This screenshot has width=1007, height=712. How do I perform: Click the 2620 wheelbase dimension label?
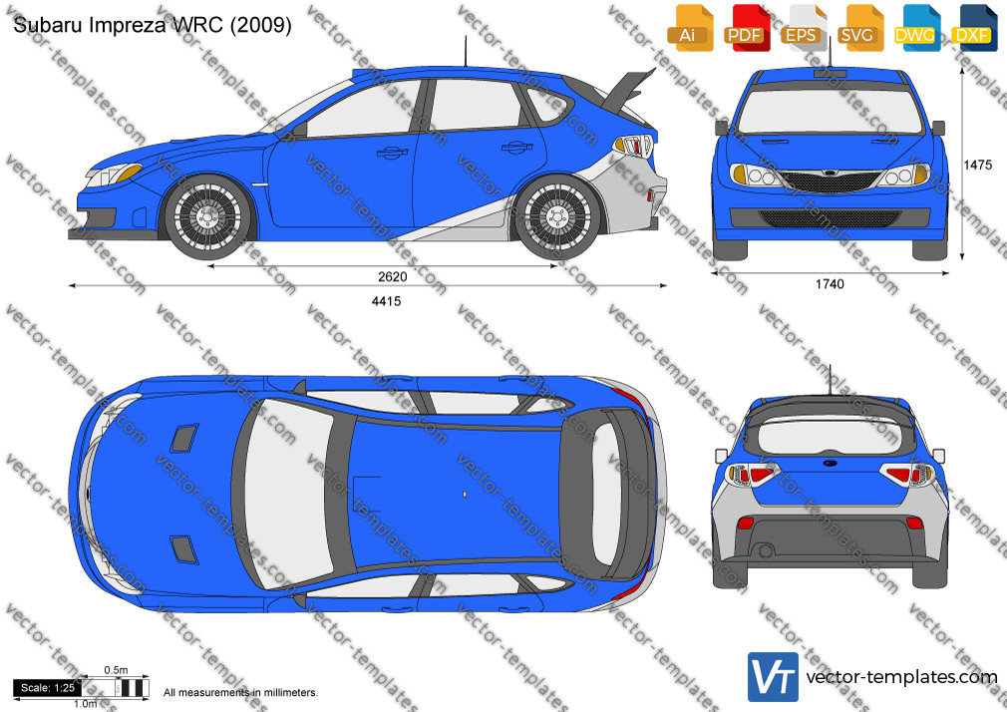tap(392, 277)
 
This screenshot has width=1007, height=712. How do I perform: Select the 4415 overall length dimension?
tap(386, 301)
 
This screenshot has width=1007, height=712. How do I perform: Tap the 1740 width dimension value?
tap(830, 284)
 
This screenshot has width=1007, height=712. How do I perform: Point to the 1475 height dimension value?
tap(977, 166)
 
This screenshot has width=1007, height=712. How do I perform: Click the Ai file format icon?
tap(690, 28)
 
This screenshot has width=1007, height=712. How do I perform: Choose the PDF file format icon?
tap(747, 28)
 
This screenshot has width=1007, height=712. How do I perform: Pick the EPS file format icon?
tap(804, 28)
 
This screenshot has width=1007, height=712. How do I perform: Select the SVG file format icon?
tap(860, 28)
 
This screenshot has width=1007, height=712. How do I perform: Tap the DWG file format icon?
tap(917, 28)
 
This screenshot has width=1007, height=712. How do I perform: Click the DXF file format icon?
tap(974, 28)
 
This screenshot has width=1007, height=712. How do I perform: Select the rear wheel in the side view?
tap(557, 216)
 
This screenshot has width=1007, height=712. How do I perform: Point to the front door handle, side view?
tap(392, 153)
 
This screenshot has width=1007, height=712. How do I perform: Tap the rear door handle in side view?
tap(517, 148)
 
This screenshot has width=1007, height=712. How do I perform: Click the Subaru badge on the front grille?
tap(830, 174)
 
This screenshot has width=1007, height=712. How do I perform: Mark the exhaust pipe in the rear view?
tap(765, 550)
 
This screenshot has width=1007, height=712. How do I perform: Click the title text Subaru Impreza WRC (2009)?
tap(153, 24)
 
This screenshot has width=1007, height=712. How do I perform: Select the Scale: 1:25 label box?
tap(48, 688)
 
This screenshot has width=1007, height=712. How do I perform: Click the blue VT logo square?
tap(774, 677)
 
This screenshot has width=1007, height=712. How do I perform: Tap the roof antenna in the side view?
tap(465, 52)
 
